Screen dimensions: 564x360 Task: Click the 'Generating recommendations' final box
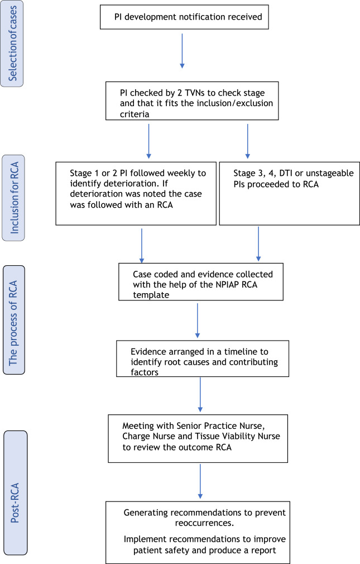[199, 532]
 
